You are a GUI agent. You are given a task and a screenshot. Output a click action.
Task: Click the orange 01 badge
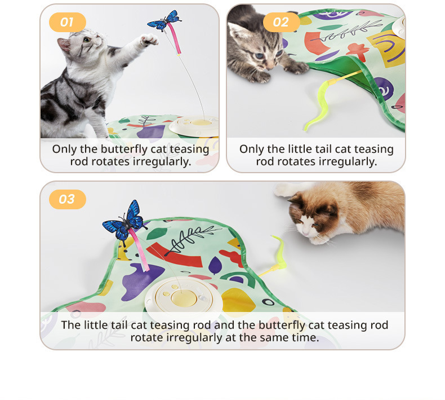68,22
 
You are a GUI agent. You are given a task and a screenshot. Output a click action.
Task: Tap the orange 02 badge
281,22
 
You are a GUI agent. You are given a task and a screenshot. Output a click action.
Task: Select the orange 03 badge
68,199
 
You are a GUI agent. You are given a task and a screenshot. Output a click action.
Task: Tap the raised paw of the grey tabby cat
149,40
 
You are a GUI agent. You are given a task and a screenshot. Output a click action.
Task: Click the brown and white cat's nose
305,234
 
